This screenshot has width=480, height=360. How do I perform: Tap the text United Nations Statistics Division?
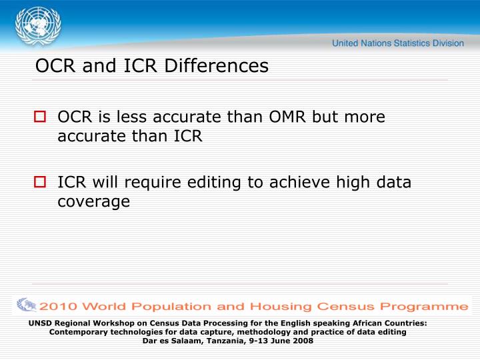coord(398,43)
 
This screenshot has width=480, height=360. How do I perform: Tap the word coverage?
coord(93,201)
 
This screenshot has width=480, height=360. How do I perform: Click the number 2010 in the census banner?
coord(59,307)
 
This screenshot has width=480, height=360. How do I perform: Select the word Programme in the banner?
coord(421,307)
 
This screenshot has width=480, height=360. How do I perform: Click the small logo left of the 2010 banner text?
coord(26,305)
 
